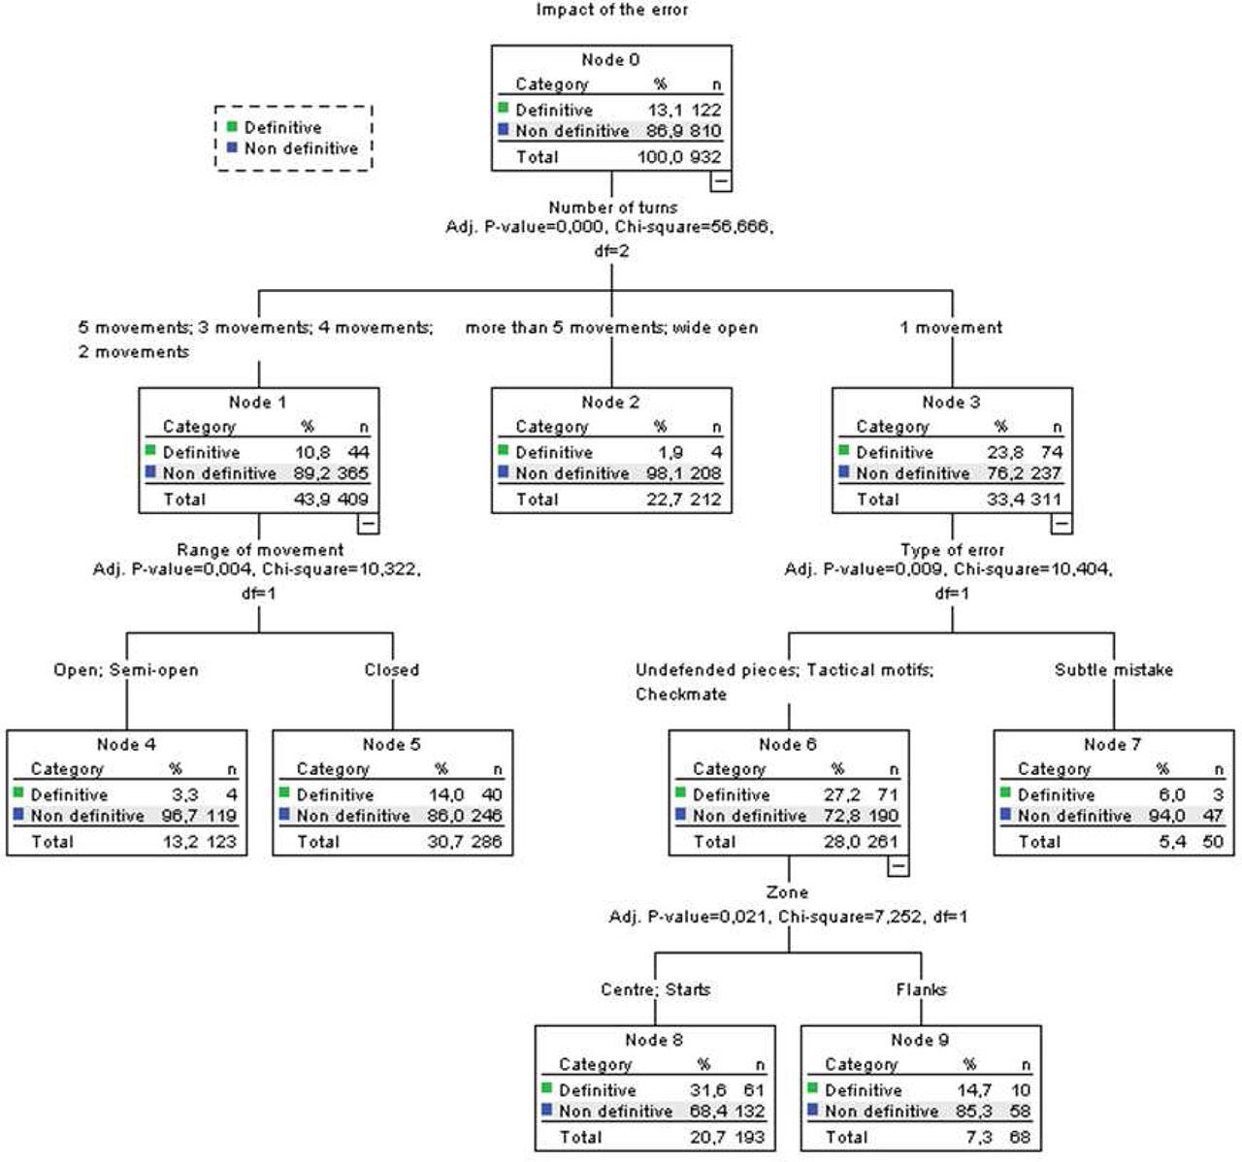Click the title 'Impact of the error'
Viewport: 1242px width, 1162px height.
tap(611, 11)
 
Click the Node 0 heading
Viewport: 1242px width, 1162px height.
tap(610, 60)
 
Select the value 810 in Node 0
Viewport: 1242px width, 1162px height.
tap(705, 131)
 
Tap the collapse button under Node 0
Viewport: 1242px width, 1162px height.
tap(721, 181)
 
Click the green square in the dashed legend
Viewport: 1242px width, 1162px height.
tap(232, 127)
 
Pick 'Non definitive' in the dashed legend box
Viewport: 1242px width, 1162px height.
tap(301, 148)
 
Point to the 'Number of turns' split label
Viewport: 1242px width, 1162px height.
tap(612, 208)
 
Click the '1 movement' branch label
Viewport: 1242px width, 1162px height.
tap(951, 328)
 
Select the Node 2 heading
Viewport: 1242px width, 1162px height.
tap(610, 403)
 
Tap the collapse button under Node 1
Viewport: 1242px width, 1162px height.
tap(369, 524)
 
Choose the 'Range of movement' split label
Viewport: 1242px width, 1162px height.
tap(260, 550)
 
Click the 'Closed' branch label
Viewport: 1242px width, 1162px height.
tap(392, 670)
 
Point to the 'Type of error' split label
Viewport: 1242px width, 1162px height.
tap(952, 550)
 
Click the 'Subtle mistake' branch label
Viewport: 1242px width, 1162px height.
tap(1113, 670)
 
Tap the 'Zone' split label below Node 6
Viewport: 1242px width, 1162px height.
tap(786, 892)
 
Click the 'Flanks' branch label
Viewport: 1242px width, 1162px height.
tap(921, 990)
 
